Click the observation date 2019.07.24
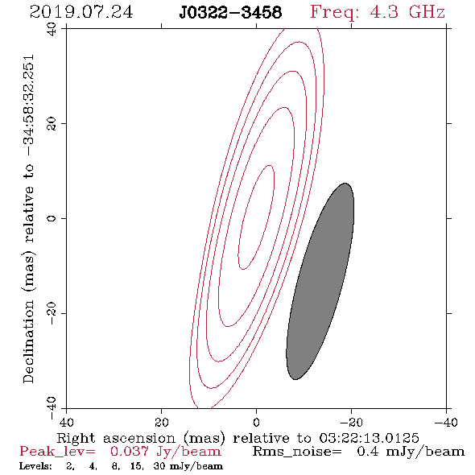click(x=81, y=12)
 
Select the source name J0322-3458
click(x=230, y=12)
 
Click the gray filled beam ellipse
click(x=320, y=281)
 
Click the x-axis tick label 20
click(x=161, y=422)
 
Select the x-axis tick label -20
click(x=351, y=422)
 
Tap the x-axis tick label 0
click(x=256, y=422)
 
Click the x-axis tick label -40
click(x=446, y=422)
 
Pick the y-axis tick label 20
click(x=52, y=124)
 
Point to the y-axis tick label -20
click(x=52, y=313)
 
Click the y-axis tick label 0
click(x=52, y=218)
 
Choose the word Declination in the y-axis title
click(x=28, y=341)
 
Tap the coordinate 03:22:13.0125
click(x=369, y=438)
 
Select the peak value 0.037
click(x=130, y=452)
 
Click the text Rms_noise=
click(x=297, y=452)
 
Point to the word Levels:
click(x=35, y=466)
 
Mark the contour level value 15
click(x=137, y=466)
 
